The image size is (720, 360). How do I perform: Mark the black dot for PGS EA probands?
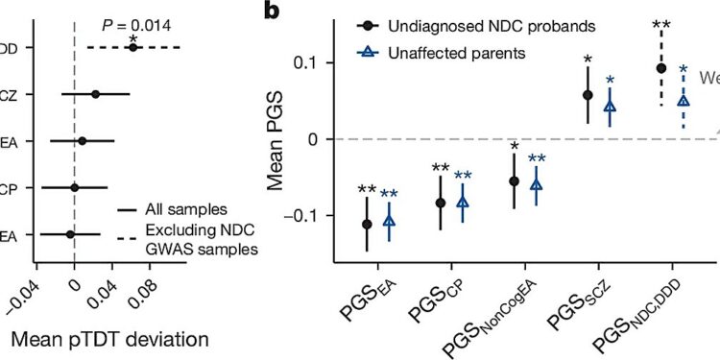[x=367, y=224]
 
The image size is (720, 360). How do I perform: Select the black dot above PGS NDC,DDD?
[x=660, y=68]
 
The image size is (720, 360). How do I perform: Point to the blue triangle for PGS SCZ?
[x=610, y=106]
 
